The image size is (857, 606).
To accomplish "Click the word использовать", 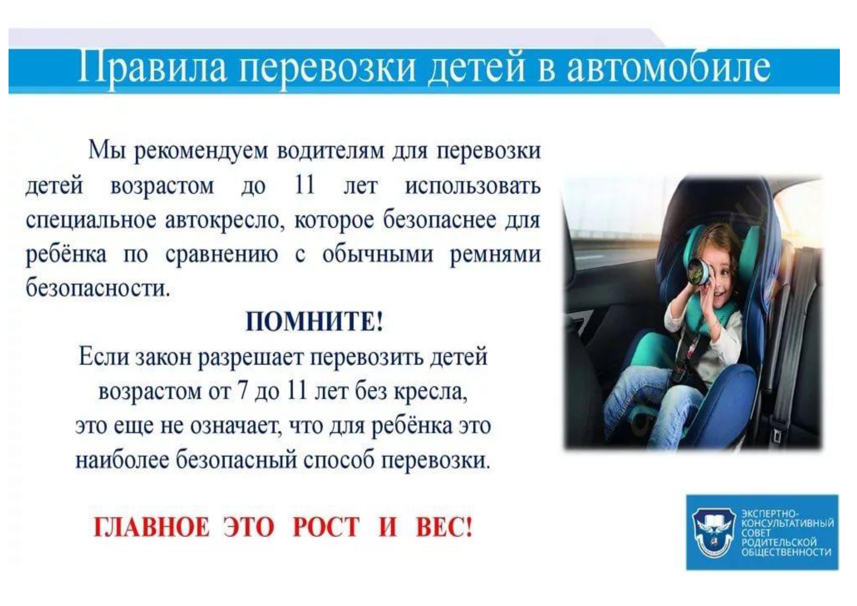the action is point(473,185).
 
